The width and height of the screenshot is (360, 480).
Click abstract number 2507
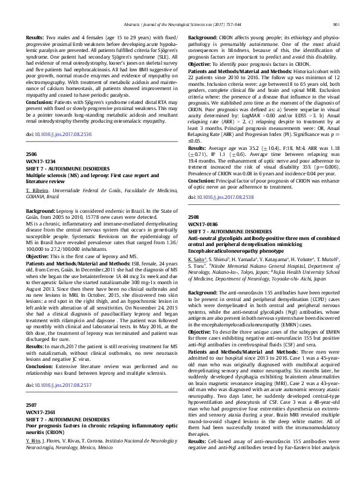[x=32, y=420]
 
